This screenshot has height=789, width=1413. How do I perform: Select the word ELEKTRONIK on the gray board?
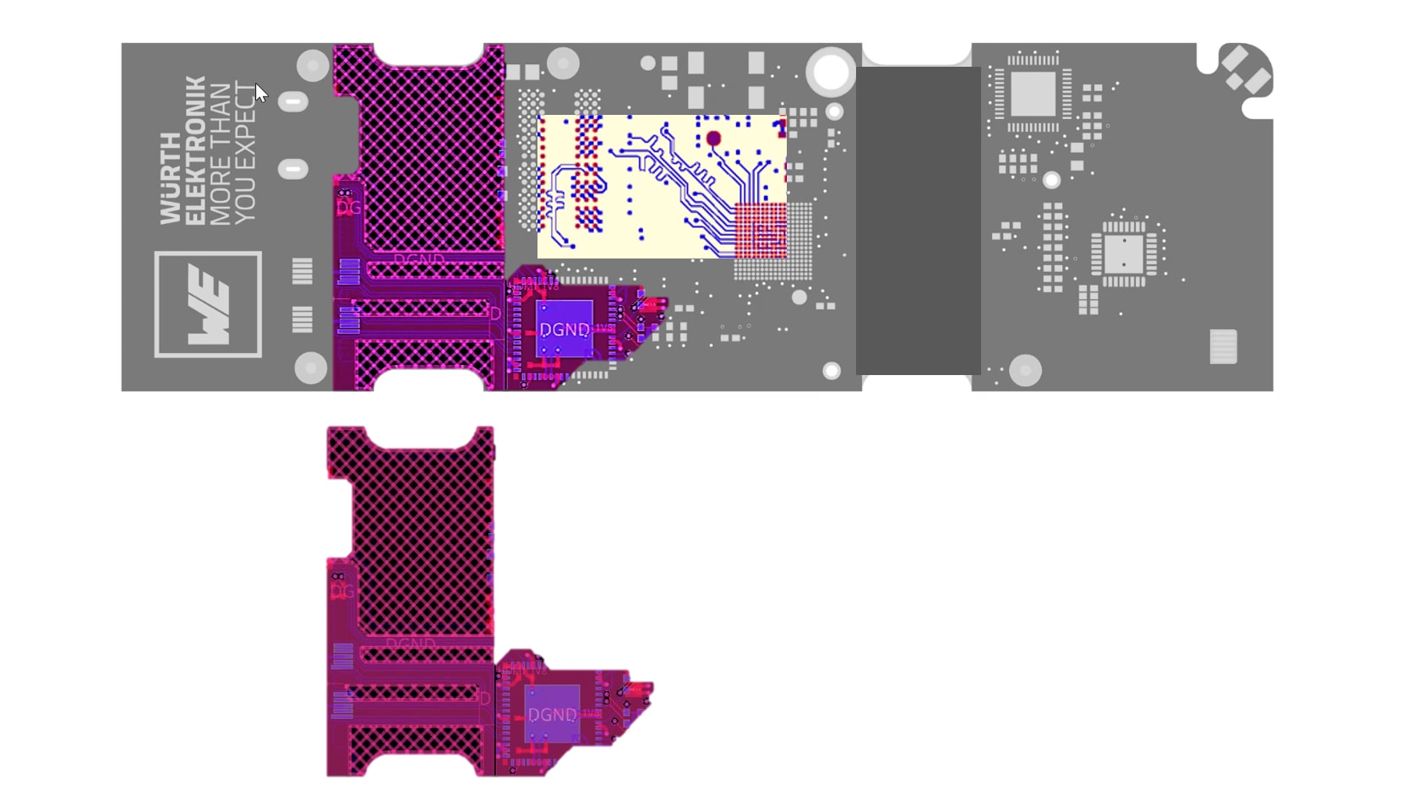[x=194, y=150]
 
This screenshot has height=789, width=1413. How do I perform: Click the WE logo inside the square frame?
[x=208, y=304]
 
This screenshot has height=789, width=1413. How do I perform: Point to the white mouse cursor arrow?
[x=260, y=92]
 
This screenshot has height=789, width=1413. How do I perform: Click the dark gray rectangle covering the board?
[x=919, y=220]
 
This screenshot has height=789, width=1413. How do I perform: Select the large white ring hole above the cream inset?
[x=831, y=72]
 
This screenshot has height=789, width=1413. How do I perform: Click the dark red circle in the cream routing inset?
[x=713, y=139]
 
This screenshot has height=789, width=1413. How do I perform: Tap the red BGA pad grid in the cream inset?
[x=760, y=230]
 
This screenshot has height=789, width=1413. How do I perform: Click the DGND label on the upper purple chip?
[x=565, y=329]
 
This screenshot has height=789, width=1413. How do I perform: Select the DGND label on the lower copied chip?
[x=553, y=715]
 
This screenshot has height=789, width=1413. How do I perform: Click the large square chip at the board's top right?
[x=1033, y=93]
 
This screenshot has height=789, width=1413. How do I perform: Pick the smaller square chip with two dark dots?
[x=1123, y=253]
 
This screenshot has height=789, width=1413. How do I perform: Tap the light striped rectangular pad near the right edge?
[x=1223, y=346]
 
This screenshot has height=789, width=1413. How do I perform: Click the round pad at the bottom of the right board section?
[x=1025, y=370]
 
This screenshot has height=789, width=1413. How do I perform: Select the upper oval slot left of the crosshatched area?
[x=293, y=102]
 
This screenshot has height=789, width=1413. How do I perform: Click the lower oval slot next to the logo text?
[x=293, y=169]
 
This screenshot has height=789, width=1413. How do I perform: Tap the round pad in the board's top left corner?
[x=313, y=65]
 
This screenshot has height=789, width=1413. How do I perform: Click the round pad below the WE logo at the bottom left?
[x=310, y=368]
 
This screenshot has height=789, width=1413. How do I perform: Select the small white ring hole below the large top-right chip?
[x=1051, y=180]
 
